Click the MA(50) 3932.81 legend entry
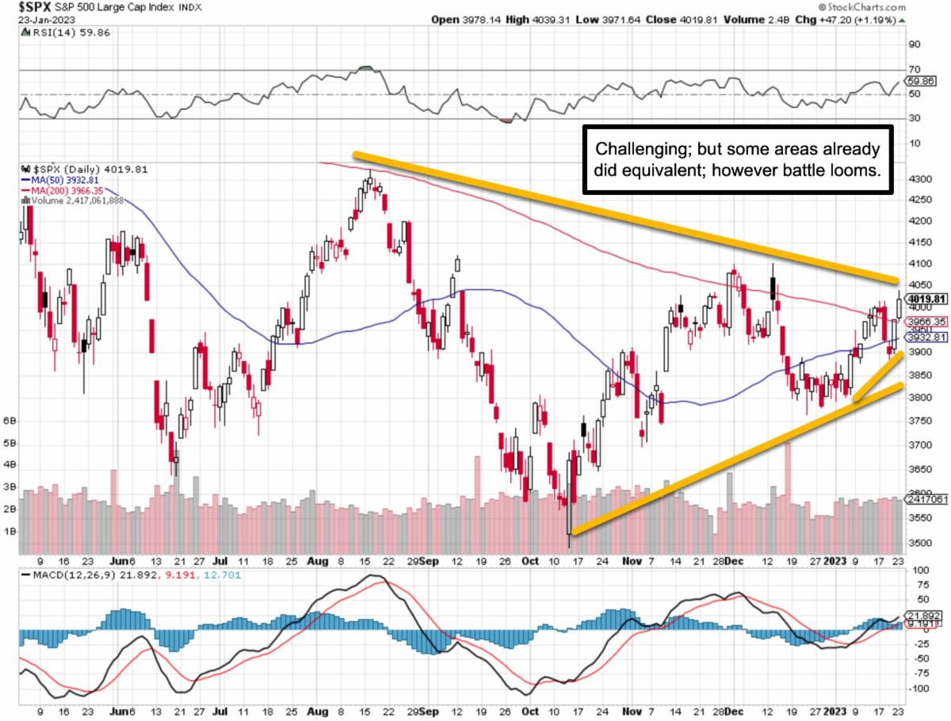(65, 181)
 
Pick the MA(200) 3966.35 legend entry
(68, 191)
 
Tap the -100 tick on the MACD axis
(919, 688)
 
